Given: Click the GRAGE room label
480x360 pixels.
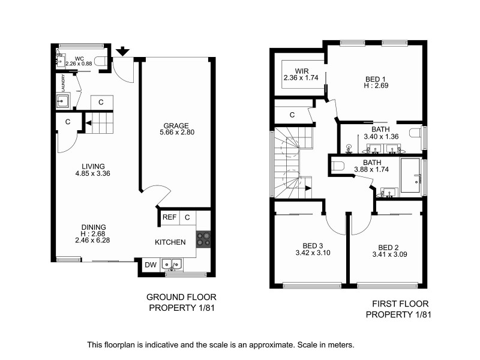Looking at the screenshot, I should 176,125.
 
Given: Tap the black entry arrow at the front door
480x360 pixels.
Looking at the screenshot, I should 122,51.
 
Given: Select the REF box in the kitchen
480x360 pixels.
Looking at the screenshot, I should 169,217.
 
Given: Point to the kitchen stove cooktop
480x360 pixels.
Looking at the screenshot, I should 203,238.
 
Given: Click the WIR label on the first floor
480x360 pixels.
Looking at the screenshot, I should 293,71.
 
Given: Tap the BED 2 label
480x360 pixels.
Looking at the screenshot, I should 388,247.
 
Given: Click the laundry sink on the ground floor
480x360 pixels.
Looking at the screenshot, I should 63,100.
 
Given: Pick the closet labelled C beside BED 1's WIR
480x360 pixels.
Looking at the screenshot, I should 292,115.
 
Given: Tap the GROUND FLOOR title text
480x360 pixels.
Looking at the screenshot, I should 181,297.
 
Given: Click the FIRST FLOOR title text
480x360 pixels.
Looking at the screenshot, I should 398,304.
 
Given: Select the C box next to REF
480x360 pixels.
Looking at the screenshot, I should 187,217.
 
